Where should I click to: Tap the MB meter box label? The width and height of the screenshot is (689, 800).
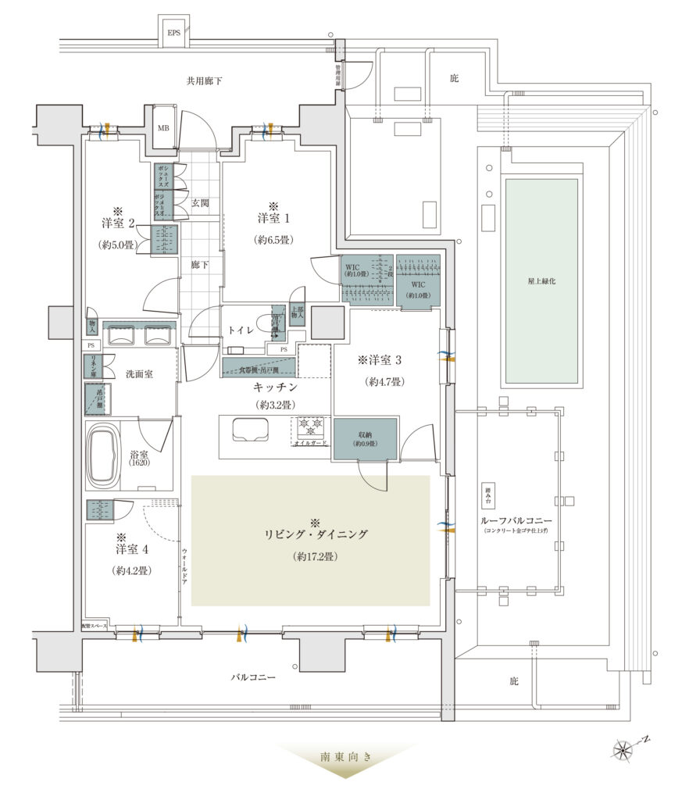(164, 128)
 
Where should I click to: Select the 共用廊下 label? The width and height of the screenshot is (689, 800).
(205, 80)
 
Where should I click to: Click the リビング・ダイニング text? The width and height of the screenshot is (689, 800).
(316, 535)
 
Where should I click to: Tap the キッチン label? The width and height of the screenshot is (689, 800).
(273, 387)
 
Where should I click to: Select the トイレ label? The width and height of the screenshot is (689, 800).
(241, 331)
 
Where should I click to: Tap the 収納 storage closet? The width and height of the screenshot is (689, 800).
(366, 438)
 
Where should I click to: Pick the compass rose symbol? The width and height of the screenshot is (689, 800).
(624, 751)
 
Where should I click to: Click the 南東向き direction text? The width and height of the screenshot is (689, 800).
(344, 757)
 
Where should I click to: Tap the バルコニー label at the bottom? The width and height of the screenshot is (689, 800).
(252, 677)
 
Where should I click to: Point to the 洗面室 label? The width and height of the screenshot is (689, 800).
(139, 374)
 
